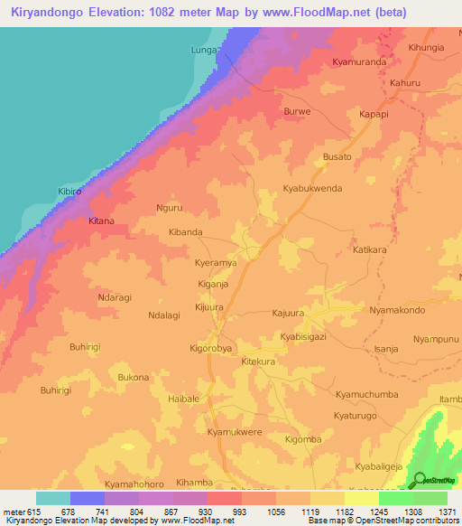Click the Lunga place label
[x=204, y=51]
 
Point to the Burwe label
[x=297, y=112]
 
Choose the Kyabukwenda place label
[x=313, y=189]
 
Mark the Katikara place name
[x=370, y=249]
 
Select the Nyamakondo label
[x=397, y=310]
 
